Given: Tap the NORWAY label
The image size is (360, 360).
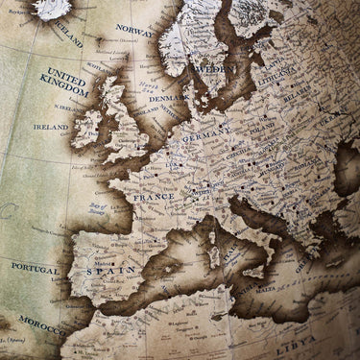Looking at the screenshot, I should click(x=134, y=29).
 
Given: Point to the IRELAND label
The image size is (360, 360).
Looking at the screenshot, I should click(x=51, y=126).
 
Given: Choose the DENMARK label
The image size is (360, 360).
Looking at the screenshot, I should click(x=166, y=98).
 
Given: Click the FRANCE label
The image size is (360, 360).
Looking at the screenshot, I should click(x=155, y=196).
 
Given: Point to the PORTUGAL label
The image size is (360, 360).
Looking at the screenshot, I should click(x=35, y=267).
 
